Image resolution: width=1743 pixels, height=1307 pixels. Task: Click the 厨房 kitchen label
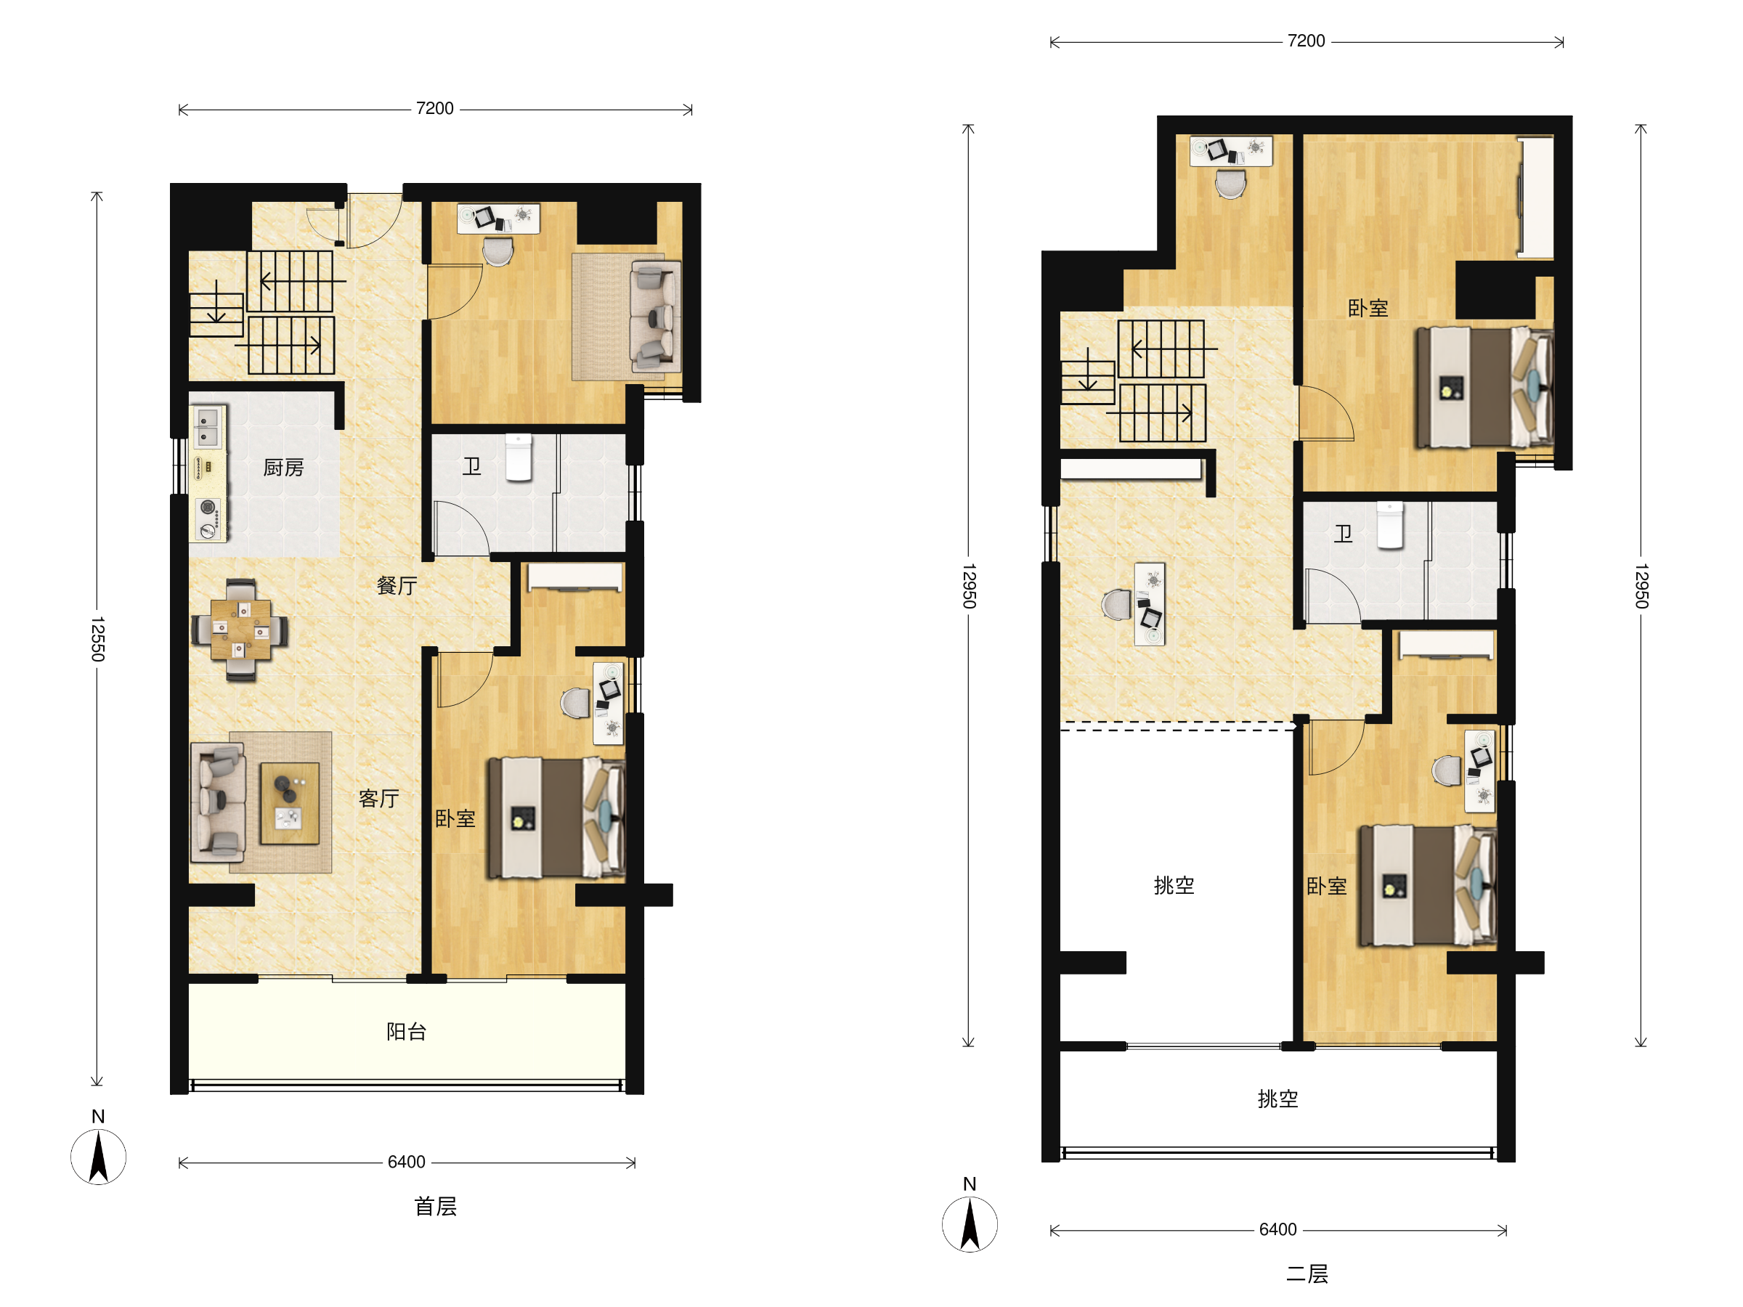pos(283,468)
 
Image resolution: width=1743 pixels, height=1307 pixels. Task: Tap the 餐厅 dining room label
pos(397,585)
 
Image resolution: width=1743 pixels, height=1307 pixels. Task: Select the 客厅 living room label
pos(379,799)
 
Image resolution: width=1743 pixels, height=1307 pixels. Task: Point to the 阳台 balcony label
pos(407,1031)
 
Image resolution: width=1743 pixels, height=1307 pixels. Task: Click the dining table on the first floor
pos(240,630)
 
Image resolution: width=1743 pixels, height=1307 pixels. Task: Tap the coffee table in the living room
pos(289,803)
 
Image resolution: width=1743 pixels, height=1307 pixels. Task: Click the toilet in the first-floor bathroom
pos(519,457)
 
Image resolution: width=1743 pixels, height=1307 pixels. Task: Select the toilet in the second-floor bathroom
pos(1390,525)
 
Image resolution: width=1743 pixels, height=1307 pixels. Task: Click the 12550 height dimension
pos(97,639)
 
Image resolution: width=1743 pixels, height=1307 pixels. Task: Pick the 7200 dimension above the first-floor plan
pos(435,109)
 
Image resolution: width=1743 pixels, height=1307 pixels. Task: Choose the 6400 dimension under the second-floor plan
pos(1277,1230)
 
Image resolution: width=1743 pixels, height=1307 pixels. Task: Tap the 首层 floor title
pos(436,1206)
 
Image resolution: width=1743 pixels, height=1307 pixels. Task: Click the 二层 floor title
pos(1307,1274)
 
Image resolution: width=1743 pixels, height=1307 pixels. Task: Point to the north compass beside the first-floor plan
pos(99,1156)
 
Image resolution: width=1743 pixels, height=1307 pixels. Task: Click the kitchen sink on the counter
pos(207,426)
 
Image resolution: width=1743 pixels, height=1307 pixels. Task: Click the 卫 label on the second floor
pos(1344,534)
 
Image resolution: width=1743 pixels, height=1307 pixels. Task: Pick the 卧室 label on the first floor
pos(455,818)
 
